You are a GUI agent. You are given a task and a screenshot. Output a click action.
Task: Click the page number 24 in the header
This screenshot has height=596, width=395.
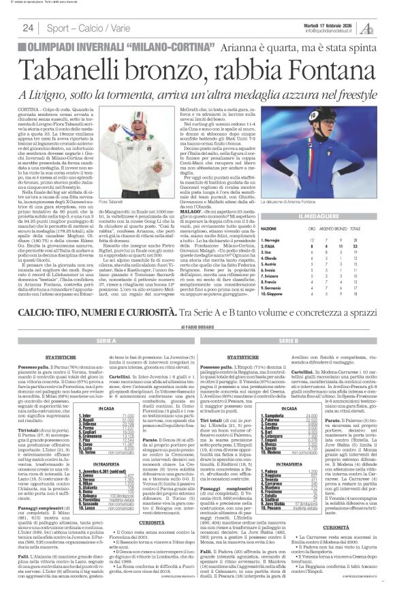pyautogui.click(x=28, y=28)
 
